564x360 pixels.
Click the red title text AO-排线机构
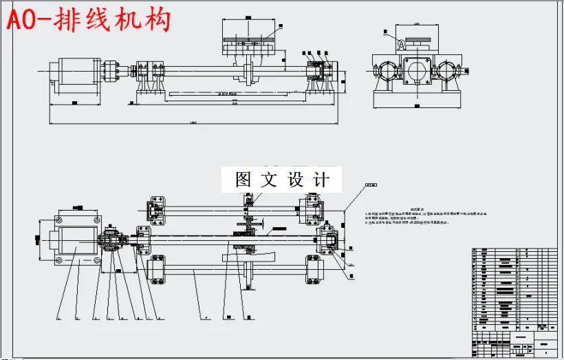tap(87, 20)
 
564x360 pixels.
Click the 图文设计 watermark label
tap(282, 180)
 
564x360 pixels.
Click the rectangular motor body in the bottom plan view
tap(76, 241)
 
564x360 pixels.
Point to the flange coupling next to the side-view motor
tap(111, 71)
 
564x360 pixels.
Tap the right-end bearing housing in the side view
tap(318, 71)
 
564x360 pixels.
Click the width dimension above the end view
tap(417, 25)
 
